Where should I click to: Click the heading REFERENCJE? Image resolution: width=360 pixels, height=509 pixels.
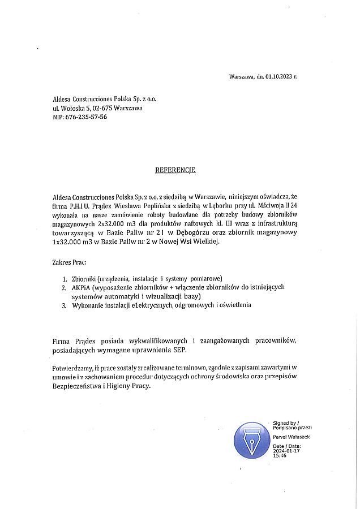pos(175,170)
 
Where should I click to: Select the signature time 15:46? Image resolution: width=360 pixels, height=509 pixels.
pos(279,455)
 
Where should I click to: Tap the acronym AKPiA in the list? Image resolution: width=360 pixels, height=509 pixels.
pos(82,288)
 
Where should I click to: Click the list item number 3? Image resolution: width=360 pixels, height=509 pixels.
pos(65,305)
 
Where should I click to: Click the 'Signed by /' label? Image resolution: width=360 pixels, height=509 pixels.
pos(285,423)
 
